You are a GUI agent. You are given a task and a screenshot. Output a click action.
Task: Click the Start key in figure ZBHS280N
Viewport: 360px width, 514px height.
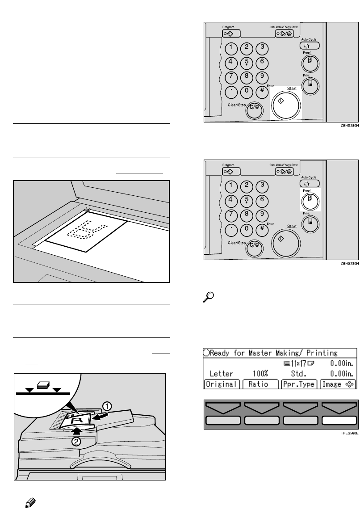tap(286, 104)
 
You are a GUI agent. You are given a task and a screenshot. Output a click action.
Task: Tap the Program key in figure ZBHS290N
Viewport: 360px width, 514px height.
tap(231, 171)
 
